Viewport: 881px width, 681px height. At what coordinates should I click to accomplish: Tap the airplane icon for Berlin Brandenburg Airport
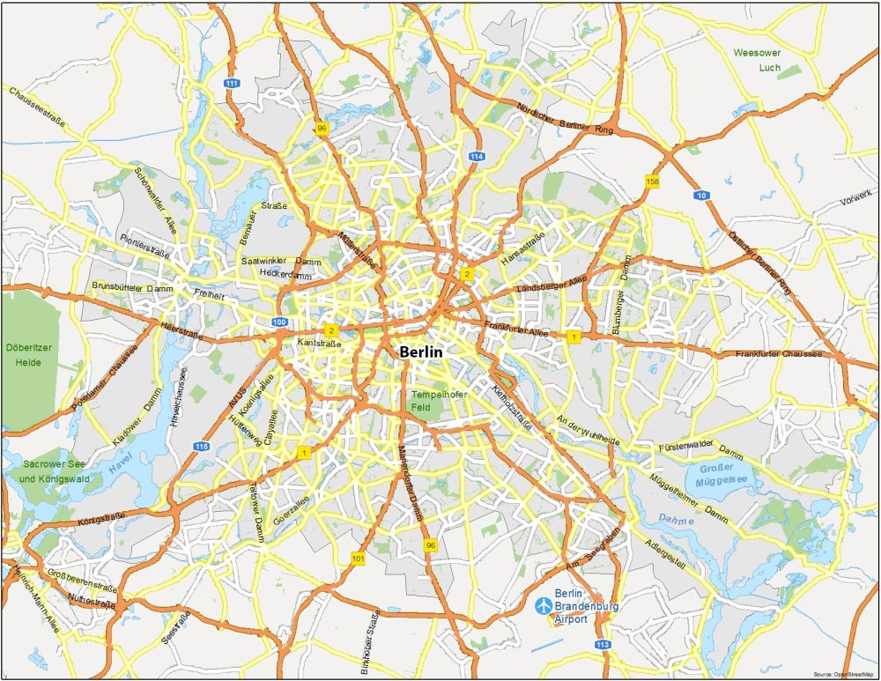click(544, 605)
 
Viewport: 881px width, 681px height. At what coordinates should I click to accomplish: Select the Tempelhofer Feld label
click(438, 400)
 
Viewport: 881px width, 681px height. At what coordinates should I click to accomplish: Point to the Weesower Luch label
click(757, 60)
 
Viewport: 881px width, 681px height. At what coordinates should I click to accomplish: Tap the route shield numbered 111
click(232, 83)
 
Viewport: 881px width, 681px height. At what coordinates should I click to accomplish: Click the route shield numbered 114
click(477, 156)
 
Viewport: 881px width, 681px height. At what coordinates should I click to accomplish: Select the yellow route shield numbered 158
click(652, 181)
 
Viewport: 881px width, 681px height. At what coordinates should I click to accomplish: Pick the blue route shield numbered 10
click(701, 195)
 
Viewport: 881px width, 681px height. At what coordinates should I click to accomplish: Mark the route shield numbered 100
click(279, 322)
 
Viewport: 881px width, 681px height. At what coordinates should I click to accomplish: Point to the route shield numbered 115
click(202, 447)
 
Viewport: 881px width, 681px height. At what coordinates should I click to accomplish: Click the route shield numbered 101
click(358, 558)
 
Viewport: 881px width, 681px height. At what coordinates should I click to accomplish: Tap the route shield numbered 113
click(603, 645)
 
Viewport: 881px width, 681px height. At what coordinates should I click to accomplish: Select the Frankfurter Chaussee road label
click(779, 354)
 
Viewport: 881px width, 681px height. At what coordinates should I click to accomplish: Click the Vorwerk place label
click(855, 196)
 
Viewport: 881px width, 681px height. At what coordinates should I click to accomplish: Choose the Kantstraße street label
click(319, 341)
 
